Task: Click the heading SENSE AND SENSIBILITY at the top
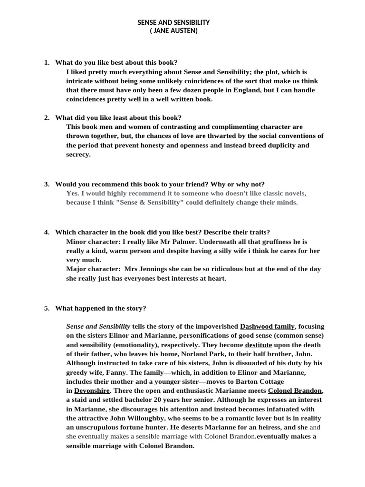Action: coord(173,22)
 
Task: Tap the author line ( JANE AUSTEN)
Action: coord(173,31)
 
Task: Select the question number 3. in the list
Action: coord(47,184)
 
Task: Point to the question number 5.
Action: coord(47,308)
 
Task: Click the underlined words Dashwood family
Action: coord(268,327)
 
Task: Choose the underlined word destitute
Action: coord(261,345)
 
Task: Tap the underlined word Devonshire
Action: coord(92,390)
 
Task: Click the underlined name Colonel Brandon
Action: coord(295,390)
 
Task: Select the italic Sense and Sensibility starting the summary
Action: coord(98,327)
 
